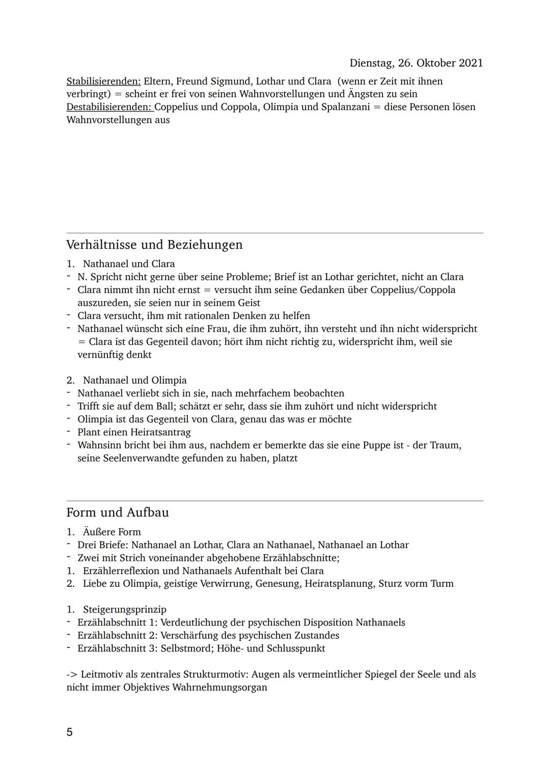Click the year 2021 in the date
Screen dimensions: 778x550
(471, 63)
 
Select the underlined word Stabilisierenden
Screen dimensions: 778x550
(103, 82)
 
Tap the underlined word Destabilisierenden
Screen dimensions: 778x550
(109, 107)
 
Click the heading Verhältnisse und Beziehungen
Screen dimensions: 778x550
(154, 245)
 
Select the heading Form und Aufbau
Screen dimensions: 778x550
(117, 513)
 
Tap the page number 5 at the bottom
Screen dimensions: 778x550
(70, 733)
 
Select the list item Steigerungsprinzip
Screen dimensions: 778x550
(124, 610)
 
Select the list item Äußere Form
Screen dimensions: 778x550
(112, 532)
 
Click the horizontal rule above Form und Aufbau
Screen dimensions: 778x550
(275, 501)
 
